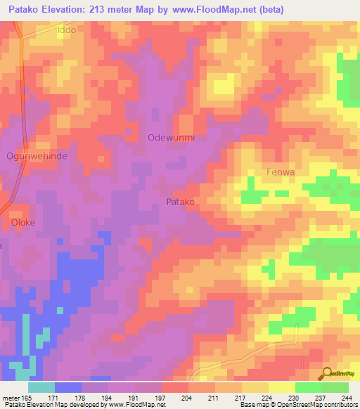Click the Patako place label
pos(180,202)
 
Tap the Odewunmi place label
pos(171,138)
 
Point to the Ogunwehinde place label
pos(37,156)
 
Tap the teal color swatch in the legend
pos(41,387)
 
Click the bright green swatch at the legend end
pos(335,387)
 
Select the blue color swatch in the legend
pos(68,387)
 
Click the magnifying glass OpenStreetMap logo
pos(328,372)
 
